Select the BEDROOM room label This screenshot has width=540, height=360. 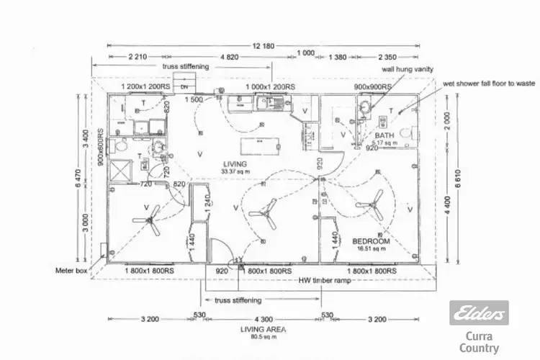tap(372, 240)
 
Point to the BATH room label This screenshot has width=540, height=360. tap(384, 135)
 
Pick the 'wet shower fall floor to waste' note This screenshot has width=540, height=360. tap(490, 84)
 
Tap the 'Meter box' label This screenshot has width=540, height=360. tap(71, 271)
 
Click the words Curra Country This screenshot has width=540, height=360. tap(479, 343)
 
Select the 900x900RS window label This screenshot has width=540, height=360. tap(372, 87)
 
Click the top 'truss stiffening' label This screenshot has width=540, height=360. tap(186, 66)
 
